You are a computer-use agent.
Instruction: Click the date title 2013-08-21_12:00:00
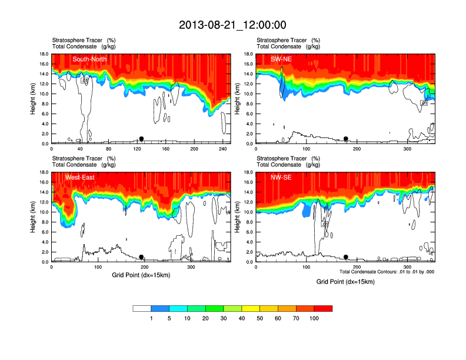pyautogui.click(x=232, y=25)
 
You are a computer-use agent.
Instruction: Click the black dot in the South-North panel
pyautogui.click(x=141, y=139)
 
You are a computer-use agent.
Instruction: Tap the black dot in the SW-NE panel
pyautogui.click(x=346, y=139)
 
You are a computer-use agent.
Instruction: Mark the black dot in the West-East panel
pyautogui.click(x=141, y=257)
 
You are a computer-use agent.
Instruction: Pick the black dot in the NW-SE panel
pyautogui.click(x=346, y=257)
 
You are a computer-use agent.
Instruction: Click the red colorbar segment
pyautogui.click(x=323, y=308)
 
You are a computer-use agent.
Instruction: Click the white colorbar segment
pyautogui.click(x=142, y=308)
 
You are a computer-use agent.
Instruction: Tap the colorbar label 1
pyautogui.click(x=151, y=318)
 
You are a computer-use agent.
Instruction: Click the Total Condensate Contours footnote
pyautogui.click(x=387, y=272)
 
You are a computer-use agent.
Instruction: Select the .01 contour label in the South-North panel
pyautogui.click(x=85, y=81)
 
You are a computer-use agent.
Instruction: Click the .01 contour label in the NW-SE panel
pyautogui.click(x=324, y=224)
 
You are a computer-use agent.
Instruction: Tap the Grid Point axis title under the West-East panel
pyautogui.click(x=140, y=275)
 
